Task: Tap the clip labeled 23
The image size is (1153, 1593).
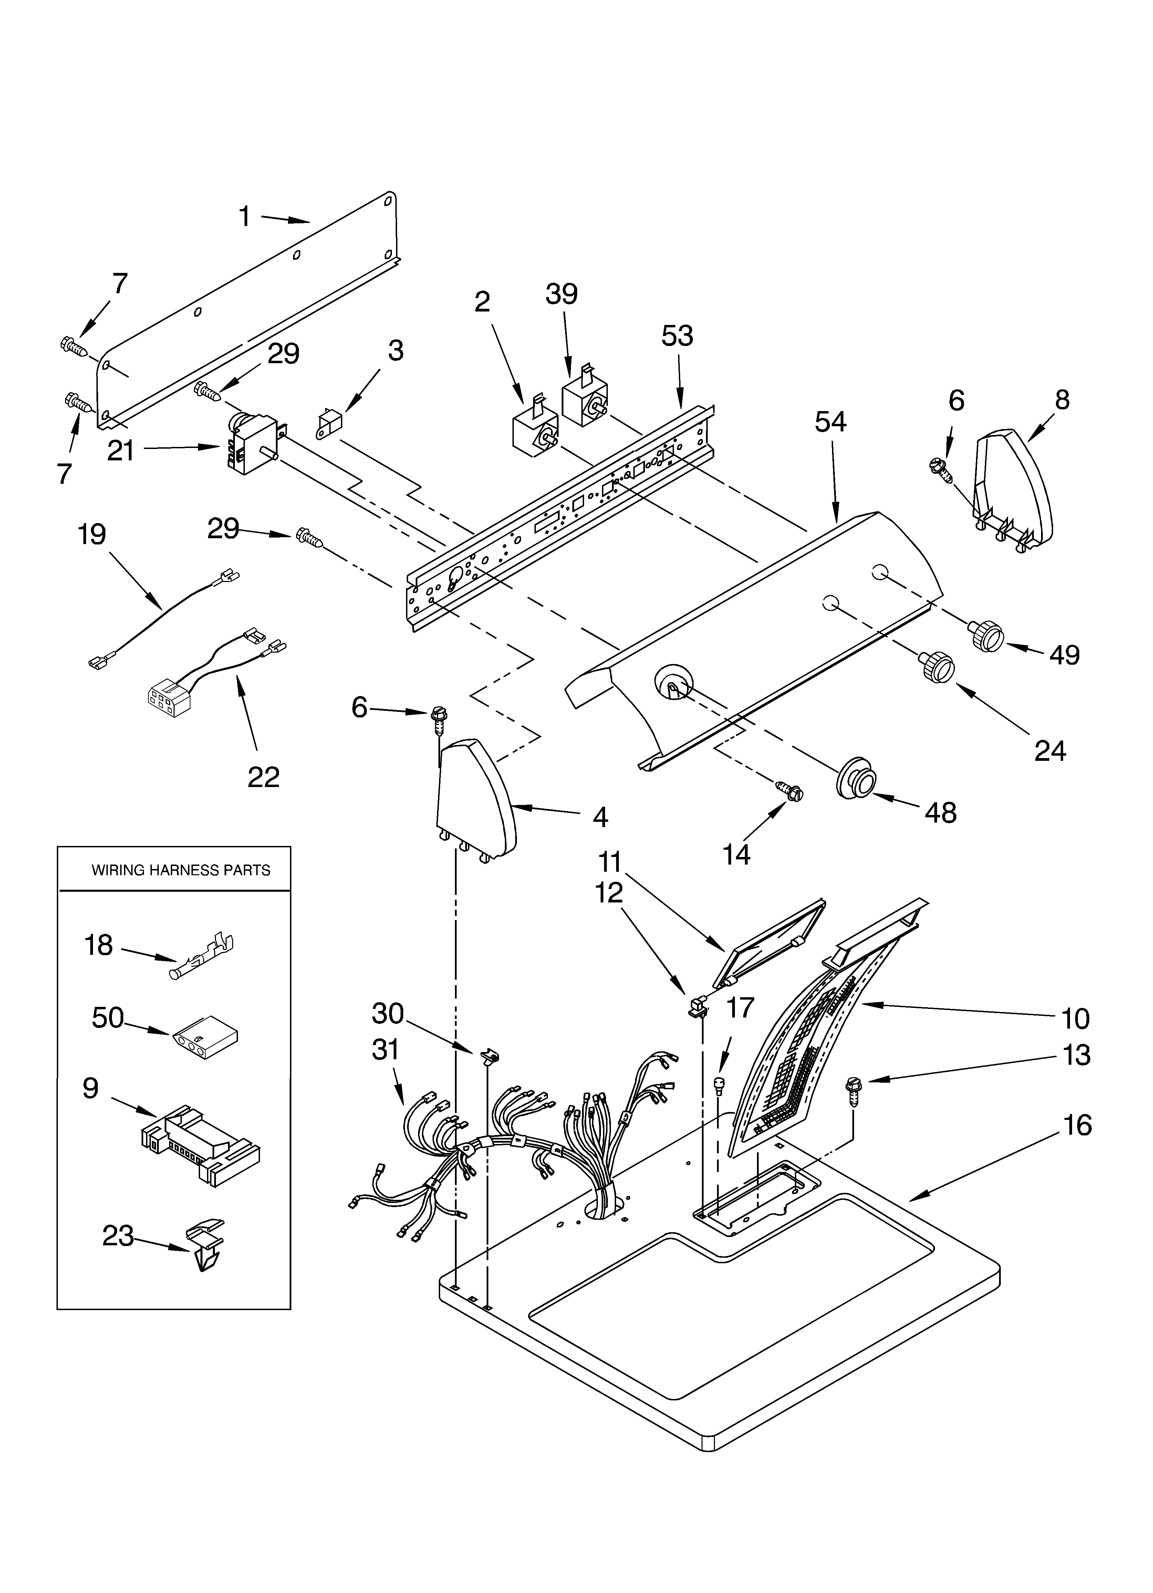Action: tap(206, 1247)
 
